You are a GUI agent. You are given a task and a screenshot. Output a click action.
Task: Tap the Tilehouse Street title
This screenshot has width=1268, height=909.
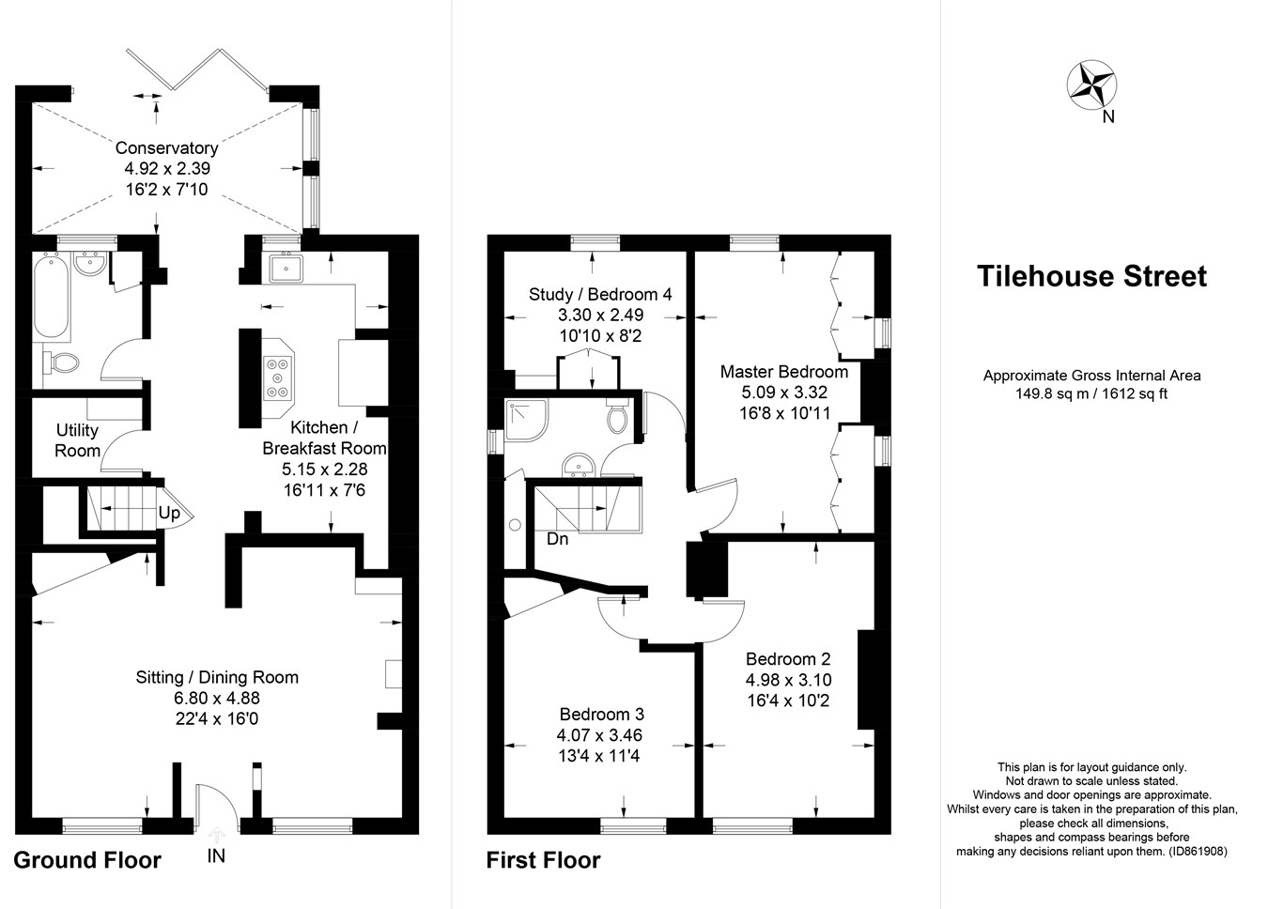(1091, 276)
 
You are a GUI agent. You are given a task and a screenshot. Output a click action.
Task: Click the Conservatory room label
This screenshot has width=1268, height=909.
(166, 148)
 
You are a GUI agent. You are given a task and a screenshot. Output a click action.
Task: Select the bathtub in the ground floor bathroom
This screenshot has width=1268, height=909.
(52, 300)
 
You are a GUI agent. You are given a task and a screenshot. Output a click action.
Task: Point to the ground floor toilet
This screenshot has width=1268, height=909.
(62, 361)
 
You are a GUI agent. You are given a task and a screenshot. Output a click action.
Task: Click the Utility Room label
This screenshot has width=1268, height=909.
(77, 440)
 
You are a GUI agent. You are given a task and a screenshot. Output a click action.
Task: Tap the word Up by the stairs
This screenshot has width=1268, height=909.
(169, 513)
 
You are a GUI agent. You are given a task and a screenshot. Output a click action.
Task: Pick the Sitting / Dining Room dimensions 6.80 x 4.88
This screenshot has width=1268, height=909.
(217, 698)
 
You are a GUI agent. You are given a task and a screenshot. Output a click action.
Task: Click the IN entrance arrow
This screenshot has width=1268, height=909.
(216, 834)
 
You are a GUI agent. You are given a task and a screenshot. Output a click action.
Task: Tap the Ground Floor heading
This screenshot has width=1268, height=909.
(87, 860)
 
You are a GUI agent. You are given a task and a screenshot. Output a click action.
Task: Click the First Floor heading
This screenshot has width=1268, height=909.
(543, 860)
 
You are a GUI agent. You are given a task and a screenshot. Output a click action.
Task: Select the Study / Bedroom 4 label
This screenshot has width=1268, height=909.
(600, 295)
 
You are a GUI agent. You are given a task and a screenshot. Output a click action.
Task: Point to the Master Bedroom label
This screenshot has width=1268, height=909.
(783, 372)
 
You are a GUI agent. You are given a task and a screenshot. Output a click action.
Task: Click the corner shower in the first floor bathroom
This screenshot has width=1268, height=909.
(525, 419)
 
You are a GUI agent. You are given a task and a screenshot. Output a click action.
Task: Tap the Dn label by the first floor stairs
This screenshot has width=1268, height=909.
(557, 539)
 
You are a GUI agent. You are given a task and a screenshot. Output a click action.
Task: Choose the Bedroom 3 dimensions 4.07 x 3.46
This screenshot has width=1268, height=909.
(601, 735)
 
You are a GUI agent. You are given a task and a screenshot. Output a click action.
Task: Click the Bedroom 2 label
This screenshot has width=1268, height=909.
(788, 659)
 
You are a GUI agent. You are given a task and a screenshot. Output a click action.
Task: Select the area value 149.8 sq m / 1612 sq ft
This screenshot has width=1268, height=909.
(1091, 394)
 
